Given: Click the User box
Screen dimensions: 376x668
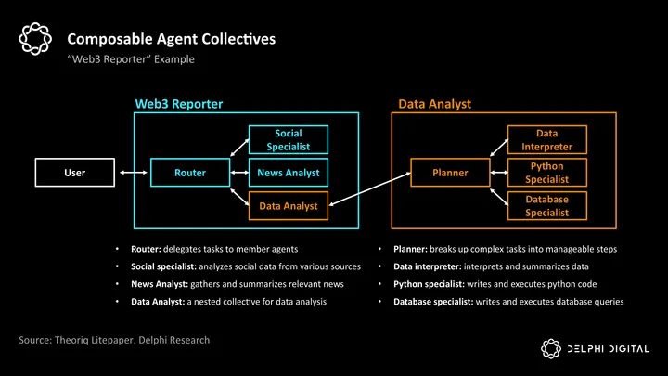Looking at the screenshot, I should (x=74, y=173).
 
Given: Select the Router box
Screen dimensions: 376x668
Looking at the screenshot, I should (x=190, y=173).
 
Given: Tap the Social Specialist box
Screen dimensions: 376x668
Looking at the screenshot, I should (x=288, y=140).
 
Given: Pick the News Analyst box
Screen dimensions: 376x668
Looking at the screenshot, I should (x=288, y=173).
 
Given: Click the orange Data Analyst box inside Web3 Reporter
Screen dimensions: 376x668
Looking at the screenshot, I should (x=288, y=205).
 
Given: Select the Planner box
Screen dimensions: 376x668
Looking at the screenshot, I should (x=450, y=173).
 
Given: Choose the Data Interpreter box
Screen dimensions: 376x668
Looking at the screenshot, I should (x=546, y=140).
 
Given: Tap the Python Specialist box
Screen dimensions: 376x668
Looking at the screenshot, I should (x=546, y=173).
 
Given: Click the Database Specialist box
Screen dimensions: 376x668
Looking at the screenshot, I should (x=546, y=205).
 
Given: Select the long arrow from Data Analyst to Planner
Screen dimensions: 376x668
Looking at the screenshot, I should (x=369, y=188).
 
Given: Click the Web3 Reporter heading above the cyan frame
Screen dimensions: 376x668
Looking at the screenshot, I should (x=179, y=104).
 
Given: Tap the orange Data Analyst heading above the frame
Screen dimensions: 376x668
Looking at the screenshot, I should (x=434, y=104).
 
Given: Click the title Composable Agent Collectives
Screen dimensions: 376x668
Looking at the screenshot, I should (x=171, y=40).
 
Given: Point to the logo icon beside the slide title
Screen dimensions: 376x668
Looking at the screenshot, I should (x=34, y=40).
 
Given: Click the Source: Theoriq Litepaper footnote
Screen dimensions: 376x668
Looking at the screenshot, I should (x=114, y=340).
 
